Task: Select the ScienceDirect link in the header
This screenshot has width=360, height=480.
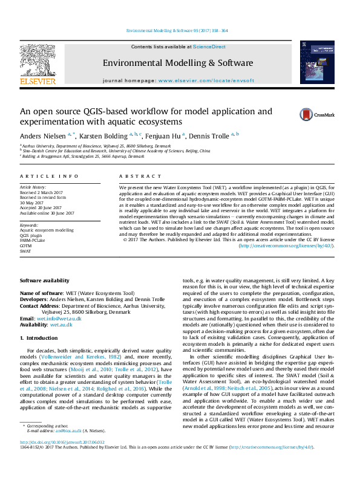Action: (x=210, y=47)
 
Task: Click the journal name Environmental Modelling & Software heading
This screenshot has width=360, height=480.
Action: (x=177, y=63)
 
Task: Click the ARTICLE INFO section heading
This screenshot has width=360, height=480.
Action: (x=49, y=176)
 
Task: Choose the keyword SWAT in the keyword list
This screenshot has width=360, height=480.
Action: (x=25, y=251)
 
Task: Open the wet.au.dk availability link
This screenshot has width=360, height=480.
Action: (x=61, y=324)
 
